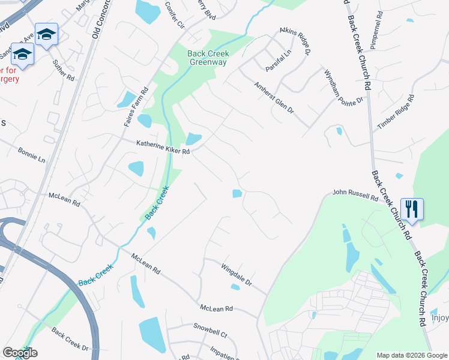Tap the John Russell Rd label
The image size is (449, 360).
(x=356, y=196)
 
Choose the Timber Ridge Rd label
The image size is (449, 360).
(x=396, y=112)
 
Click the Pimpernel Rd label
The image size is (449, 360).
(x=376, y=31)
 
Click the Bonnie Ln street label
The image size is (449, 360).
(x=31, y=155)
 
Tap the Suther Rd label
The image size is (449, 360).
(x=62, y=70)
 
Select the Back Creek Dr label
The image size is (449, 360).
(x=70, y=340)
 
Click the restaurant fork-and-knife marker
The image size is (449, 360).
(x=412, y=209)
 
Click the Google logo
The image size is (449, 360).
(x=20, y=352)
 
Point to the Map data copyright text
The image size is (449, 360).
(x=411, y=355)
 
